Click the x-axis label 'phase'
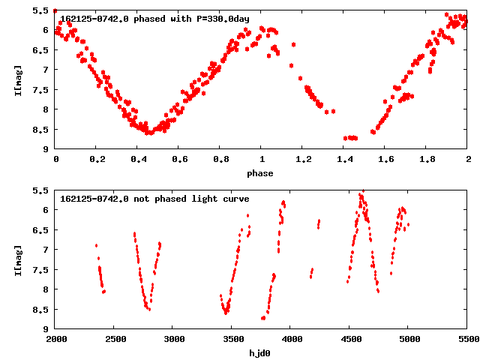pos(261,173)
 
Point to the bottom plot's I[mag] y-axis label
pos(16,259)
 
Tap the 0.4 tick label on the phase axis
pos(137,160)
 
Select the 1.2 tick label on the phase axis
pos(302,160)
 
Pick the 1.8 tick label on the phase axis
pos(426,160)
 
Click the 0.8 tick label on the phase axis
pos(220,160)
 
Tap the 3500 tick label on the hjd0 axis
pos(232,340)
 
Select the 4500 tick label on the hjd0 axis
pos(349,340)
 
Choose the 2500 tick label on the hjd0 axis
pos(114,340)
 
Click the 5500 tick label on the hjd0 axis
pos(467,340)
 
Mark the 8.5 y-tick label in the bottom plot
pos(42,309)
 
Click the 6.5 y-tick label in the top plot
pos(42,50)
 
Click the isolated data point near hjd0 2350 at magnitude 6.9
pos(96,245)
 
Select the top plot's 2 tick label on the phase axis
pos(467,160)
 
